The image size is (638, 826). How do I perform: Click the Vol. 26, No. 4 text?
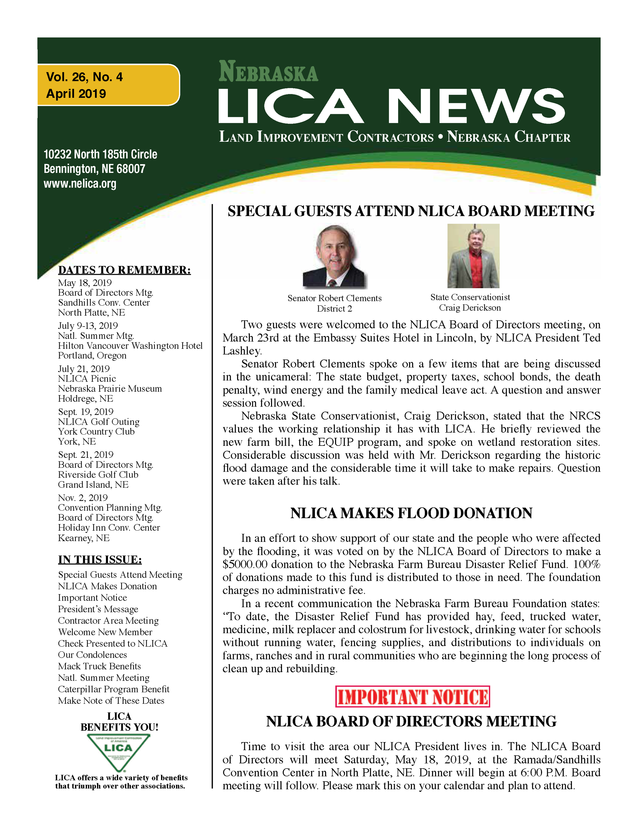coord(84,77)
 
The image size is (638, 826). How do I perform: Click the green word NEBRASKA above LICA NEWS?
coord(268,72)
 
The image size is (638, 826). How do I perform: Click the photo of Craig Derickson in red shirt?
coord(473,256)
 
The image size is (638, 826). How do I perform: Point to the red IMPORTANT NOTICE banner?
coord(412,697)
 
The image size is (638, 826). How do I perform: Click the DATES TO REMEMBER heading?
coord(124,270)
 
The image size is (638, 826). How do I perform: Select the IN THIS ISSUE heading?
coord(100,560)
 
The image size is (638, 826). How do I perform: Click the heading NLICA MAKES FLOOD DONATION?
coord(411,513)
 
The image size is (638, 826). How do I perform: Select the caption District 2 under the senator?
coord(334,309)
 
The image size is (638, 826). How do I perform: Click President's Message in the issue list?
coord(98,609)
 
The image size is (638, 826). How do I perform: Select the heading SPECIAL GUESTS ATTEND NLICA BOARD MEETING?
coord(411,211)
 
